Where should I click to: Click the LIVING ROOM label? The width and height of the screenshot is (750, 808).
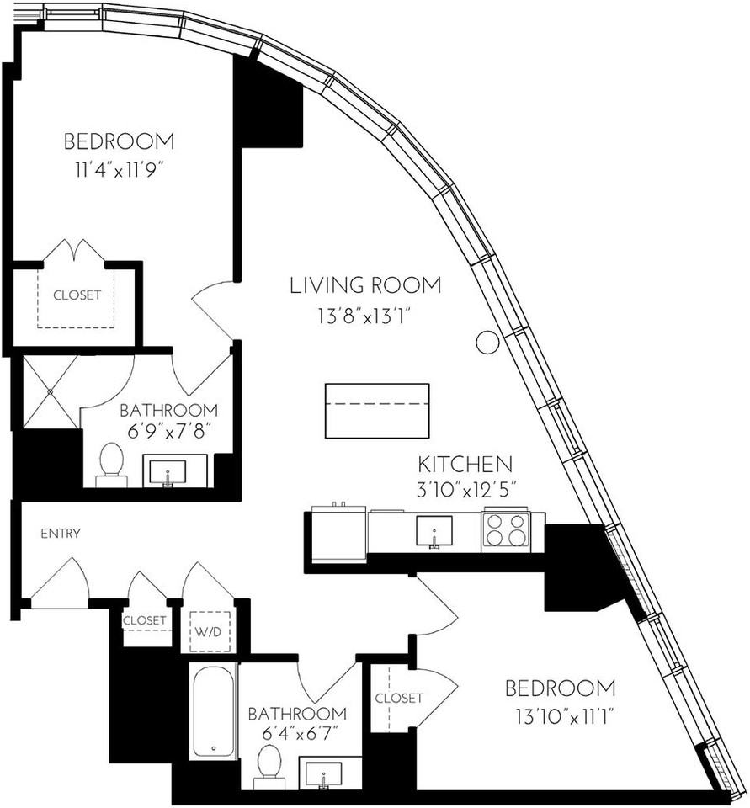point(364,285)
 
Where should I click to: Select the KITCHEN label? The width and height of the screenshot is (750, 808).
point(465,464)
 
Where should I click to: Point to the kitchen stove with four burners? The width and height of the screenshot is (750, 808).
point(505,530)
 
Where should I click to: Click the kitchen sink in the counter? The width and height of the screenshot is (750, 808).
point(434,530)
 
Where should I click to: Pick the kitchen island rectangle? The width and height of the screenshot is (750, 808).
point(376,411)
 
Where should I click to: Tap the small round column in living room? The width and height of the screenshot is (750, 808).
point(487,342)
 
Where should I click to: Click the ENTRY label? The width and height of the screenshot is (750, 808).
point(61,534)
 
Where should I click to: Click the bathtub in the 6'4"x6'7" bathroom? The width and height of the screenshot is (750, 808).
point(214,710)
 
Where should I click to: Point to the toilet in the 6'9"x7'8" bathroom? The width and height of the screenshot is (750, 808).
point(111,465)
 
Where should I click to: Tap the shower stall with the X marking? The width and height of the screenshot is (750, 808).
point(50,391)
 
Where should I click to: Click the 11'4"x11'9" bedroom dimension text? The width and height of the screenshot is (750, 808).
point(119,171)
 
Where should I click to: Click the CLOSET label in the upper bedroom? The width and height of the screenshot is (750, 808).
point(77,295)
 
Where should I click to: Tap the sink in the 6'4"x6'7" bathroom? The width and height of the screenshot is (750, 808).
point(322,775)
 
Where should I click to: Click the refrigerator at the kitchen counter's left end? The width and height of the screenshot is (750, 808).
point(338,534)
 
